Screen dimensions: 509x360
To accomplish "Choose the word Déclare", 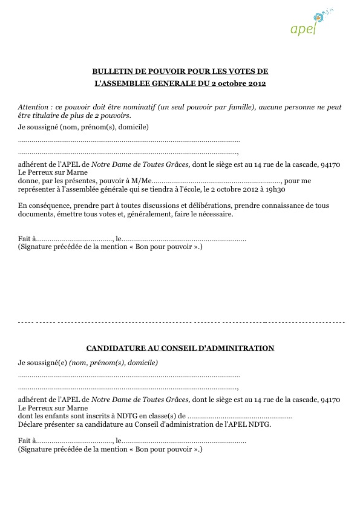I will click(31, 424).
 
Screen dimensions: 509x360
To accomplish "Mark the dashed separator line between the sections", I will click(182, 323).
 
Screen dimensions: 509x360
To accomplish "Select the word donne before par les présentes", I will click(29, 180).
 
